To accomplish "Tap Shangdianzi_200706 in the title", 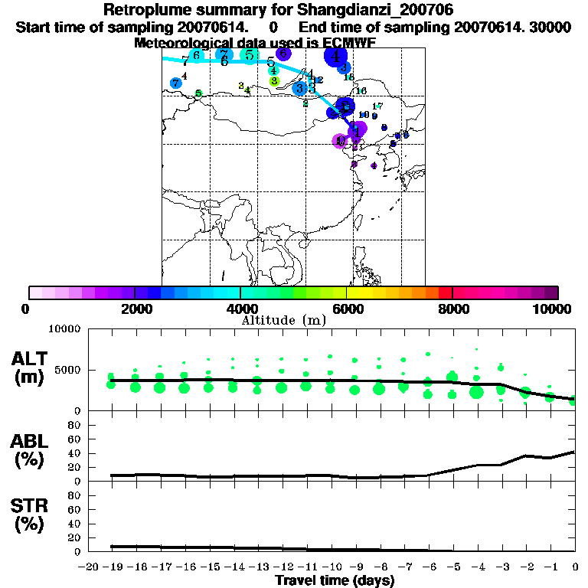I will coord(366,11).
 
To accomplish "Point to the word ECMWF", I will coord(348,43).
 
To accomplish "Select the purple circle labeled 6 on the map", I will coord(283,54).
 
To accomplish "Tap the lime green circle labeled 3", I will coord(274,80).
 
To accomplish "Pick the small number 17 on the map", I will coord(377,106).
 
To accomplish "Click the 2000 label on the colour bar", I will coord(135,309).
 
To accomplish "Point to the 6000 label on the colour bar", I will coord(346,309).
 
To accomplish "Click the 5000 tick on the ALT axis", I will coord(70,371).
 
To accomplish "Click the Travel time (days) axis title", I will coord(335,580).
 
